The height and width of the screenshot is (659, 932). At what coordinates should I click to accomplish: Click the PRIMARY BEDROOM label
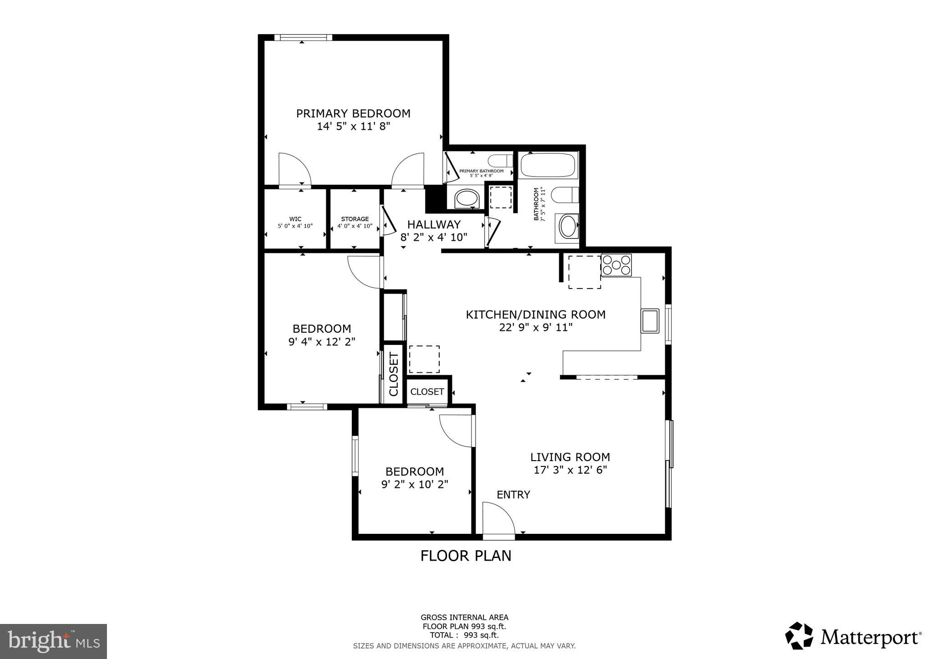pyautogui.click(x=353, y=113)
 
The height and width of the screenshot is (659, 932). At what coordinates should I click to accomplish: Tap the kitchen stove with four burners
pyautogui.click(x=616, y=265)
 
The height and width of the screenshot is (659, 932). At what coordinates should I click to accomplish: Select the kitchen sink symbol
pyautogui.click(x=650, y=321)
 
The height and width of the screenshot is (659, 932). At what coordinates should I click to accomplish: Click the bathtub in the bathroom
pyautogui.click(x=548, y=165)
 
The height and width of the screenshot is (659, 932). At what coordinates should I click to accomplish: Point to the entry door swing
pyautogui.click(x=498, y=518)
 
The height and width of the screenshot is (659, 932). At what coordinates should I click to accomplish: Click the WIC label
pyautogui.click(x=295, y=219)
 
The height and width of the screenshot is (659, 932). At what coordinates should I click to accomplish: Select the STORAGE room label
pyautogui.click(x=355, y=219)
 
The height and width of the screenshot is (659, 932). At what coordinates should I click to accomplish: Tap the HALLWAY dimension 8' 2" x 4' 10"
pyautogui.click(x=434, y=237)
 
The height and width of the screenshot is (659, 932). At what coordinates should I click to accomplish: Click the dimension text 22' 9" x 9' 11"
pyautogui.click(x=536, y=327)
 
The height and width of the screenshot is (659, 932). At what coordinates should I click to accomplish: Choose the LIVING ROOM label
pyautogui.click(x=570, y=457)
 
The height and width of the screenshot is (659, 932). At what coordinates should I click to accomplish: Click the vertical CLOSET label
pyautogui.click(x=394, y=374)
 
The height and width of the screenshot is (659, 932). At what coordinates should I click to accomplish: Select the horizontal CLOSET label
pyautogui.click(x=427, y=391)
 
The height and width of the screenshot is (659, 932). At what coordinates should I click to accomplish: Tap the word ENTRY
pyautogui.click(x=513, y=494)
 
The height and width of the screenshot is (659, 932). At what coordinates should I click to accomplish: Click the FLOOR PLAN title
pyautogui.click(x=466, y=556)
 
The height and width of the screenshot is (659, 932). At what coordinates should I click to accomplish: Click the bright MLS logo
pyautogui.click(x=53, y=641)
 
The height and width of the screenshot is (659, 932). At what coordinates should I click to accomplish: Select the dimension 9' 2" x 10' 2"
pyautogui.click(x=415, y=484)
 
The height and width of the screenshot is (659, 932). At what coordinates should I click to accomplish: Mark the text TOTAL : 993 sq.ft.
pyautogui.click(x=464, y=635)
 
